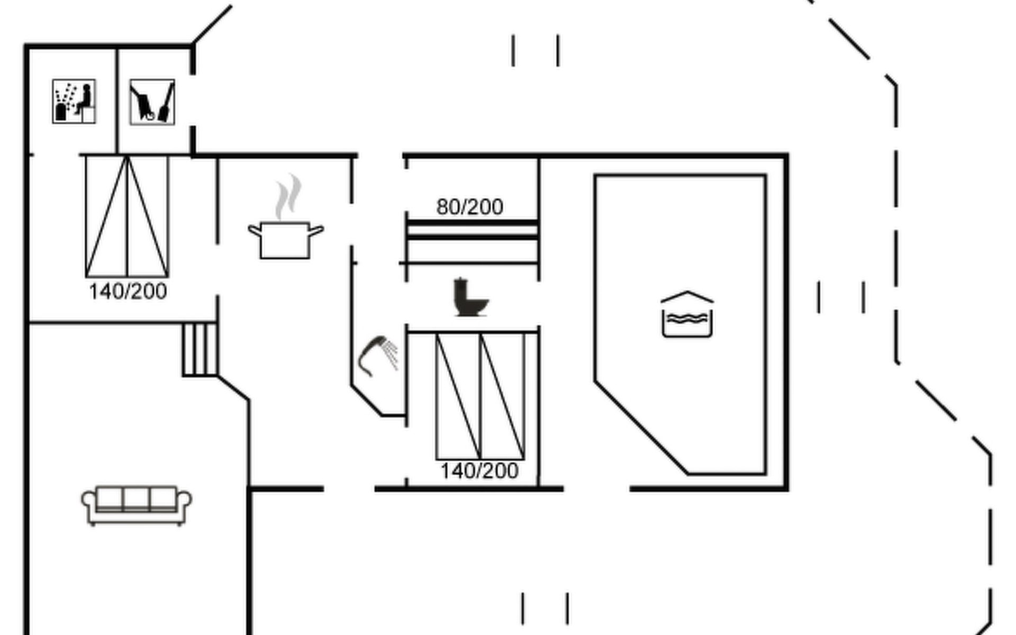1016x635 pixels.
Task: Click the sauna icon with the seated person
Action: coord(74,101)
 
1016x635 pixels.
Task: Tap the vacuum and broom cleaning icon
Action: coord(152,102)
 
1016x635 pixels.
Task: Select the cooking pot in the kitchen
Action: coord(286,240)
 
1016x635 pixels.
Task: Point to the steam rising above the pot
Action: coord(288,197)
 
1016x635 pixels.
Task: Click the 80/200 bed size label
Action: coord(470,207)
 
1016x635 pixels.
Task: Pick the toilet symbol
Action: coord(470,297)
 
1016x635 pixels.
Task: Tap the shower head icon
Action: coord(378,355)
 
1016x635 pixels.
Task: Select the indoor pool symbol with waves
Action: coord(687,314)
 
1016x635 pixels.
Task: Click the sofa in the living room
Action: coord(137,505)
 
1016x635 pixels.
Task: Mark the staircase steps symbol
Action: coord(200,349)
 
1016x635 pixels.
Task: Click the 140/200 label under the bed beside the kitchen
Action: coord(128,292)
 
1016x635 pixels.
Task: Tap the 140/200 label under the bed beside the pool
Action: coord(479,471)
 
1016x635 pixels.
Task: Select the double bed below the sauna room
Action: coord(127,216)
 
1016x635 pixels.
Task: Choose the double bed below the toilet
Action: coord(480,396)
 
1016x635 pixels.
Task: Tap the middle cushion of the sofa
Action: coord(136,499)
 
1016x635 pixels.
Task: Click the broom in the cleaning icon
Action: coord(166,103)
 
